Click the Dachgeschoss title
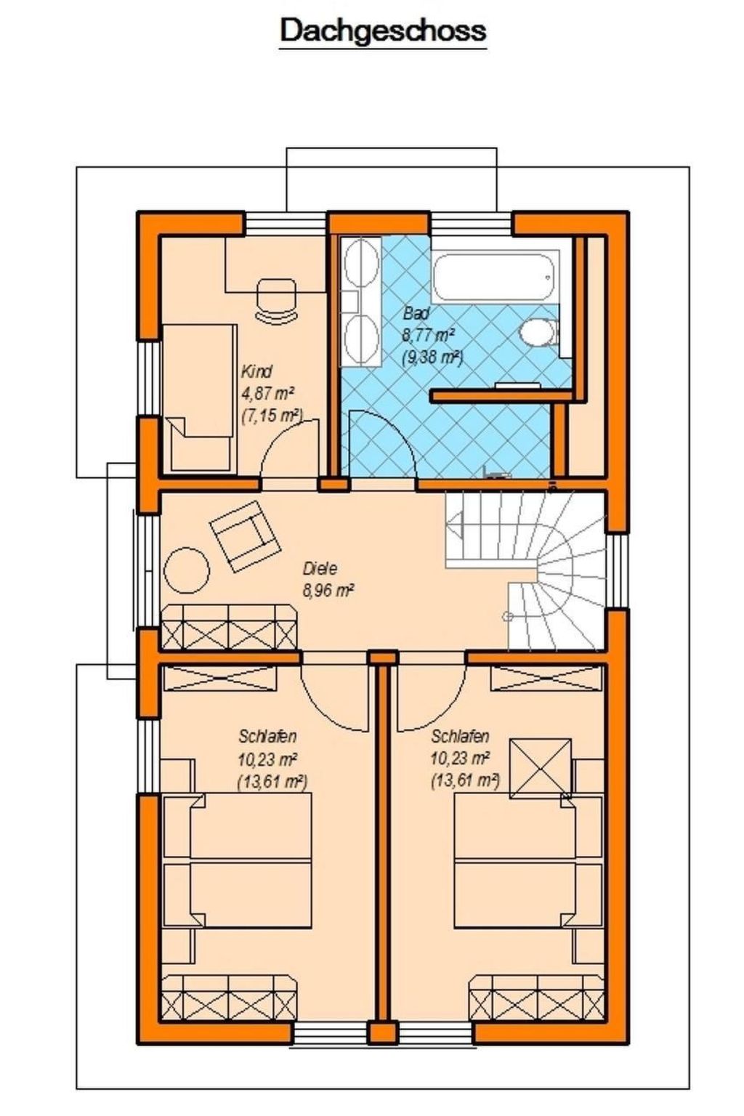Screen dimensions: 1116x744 coord(383,31)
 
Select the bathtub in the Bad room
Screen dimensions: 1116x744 coord(494,275)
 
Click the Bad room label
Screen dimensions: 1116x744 coord(416,314)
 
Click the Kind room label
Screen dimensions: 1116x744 coord(256,372)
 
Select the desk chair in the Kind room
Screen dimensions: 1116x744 coord(277,298)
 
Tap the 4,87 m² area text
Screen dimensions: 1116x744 coord(267,394)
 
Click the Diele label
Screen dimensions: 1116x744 coord(320,568)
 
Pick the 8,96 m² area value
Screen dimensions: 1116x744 coord(328,591)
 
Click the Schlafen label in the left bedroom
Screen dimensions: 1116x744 coord(267,736)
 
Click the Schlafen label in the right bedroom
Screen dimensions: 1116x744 coord(459,736)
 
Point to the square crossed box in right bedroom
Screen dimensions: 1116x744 coord(540,767)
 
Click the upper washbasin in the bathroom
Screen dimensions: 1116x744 coord(360,266)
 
